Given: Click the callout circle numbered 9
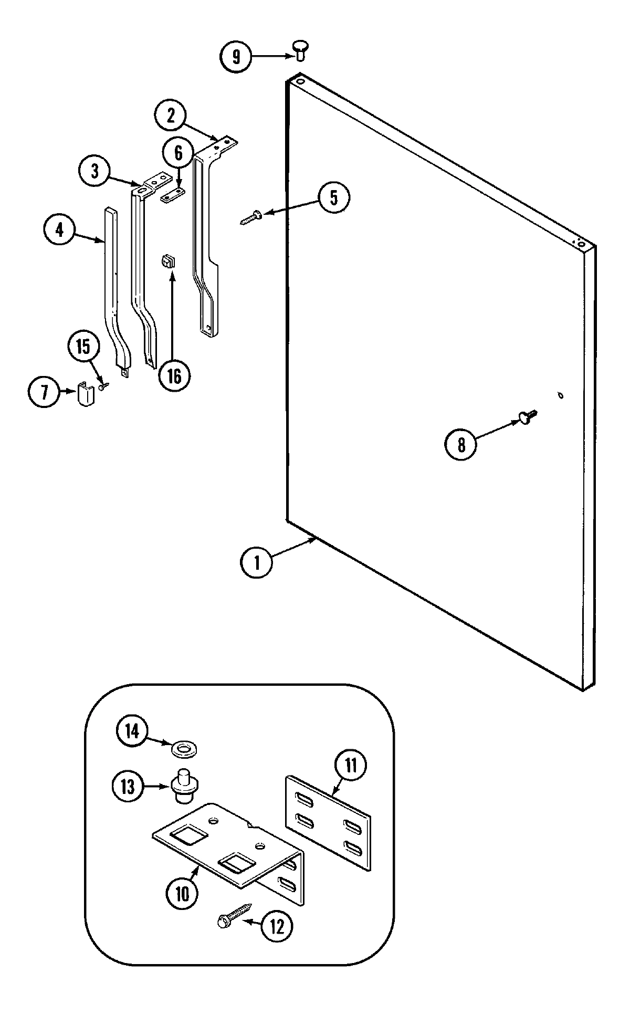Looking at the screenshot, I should coord(235,56).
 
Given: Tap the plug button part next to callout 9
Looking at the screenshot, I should coord(299,50).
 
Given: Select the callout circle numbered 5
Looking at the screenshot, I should coord(334,197).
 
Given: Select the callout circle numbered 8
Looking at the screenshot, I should coord(460,445).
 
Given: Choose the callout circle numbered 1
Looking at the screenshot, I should coord(257,562).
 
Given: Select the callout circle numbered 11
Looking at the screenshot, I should coord(350,765).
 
